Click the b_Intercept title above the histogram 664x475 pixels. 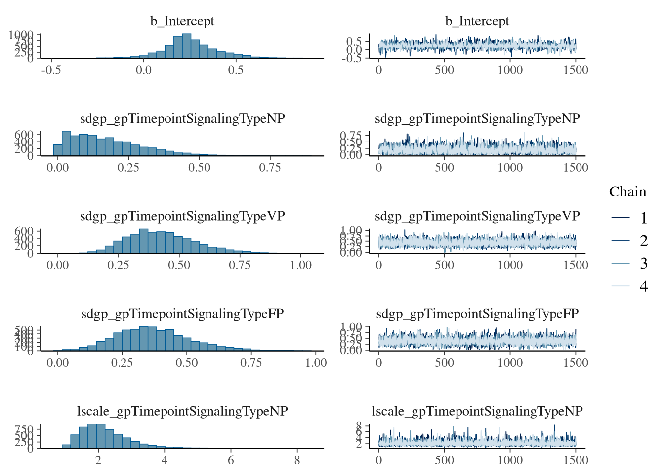(x=182, y=21)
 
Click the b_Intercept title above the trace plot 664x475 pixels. (x=477, y=21)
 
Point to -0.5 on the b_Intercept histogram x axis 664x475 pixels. (x=51, y=70)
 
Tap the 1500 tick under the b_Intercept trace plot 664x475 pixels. (x=576, y=70)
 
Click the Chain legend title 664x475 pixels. (x=627, y=192)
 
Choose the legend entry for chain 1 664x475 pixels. (x=627, y=218)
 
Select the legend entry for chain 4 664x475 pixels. (x=627, y=286)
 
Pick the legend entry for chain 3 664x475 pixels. (x=627, y=264)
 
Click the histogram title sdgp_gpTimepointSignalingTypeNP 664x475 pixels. (x=182, y=119)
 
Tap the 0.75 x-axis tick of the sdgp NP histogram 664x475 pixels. (x=270, y=167)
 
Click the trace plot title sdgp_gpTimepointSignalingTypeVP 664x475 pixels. (x=477, y=216)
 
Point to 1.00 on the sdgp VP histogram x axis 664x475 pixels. (x=301, y=265)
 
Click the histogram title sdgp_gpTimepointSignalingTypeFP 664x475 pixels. (x=182, y=314)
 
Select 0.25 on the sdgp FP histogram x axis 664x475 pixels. (x=122, y=363)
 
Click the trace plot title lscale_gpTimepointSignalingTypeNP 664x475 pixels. (x=477, y=411)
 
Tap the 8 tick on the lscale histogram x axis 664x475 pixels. (x=297, y=460)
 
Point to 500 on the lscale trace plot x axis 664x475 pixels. (x=444, y=460)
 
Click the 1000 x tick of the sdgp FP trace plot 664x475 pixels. (x=510, y=363)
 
